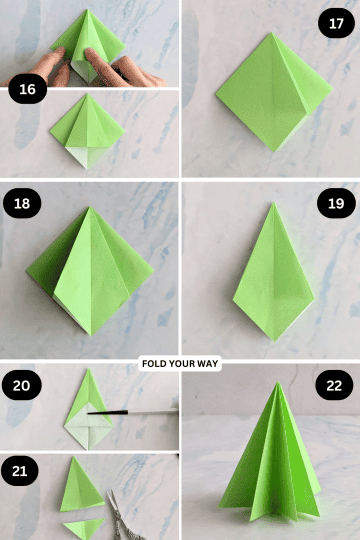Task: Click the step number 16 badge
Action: (27, 91)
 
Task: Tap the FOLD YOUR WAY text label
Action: (180, 365)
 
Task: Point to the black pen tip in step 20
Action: (92, 411)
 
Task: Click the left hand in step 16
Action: (30, 70)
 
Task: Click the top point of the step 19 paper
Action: (272, 203)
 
